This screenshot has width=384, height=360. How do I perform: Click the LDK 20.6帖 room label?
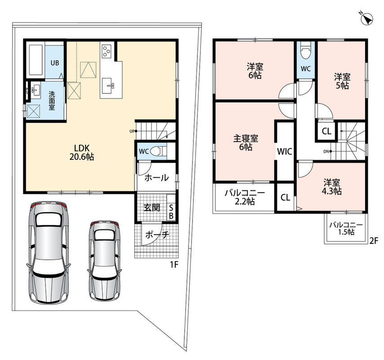[x=82, y=152]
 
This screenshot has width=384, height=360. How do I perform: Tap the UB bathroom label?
[x=55, y=63]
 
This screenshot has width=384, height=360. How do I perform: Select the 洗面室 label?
[x=52, y=100]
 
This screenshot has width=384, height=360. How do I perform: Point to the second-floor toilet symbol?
[x=305, y=50]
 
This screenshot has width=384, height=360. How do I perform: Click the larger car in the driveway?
[x=48, y=253]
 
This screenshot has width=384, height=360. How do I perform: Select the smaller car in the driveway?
[x=105, y=261]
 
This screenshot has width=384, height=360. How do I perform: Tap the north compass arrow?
[x=367, y=18]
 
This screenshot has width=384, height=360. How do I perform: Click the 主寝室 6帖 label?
[x=246, y=143]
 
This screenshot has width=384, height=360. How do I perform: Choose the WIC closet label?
[x=285, y=152]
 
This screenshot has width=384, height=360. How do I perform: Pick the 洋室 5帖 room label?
[x=342, y=81]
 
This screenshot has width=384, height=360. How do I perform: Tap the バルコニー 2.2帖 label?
[x=245, y=197]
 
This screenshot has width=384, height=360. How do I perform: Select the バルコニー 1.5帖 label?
[x=346, y=229]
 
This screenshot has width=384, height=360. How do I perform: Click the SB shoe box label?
[x=171, y=212]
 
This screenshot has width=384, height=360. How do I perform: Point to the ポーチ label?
[x=157, y=235]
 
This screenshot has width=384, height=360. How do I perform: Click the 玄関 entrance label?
[x=152, y=207]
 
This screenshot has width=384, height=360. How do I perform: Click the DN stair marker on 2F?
[x=327, y=152]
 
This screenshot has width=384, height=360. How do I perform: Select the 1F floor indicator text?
[x=174, y=265]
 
